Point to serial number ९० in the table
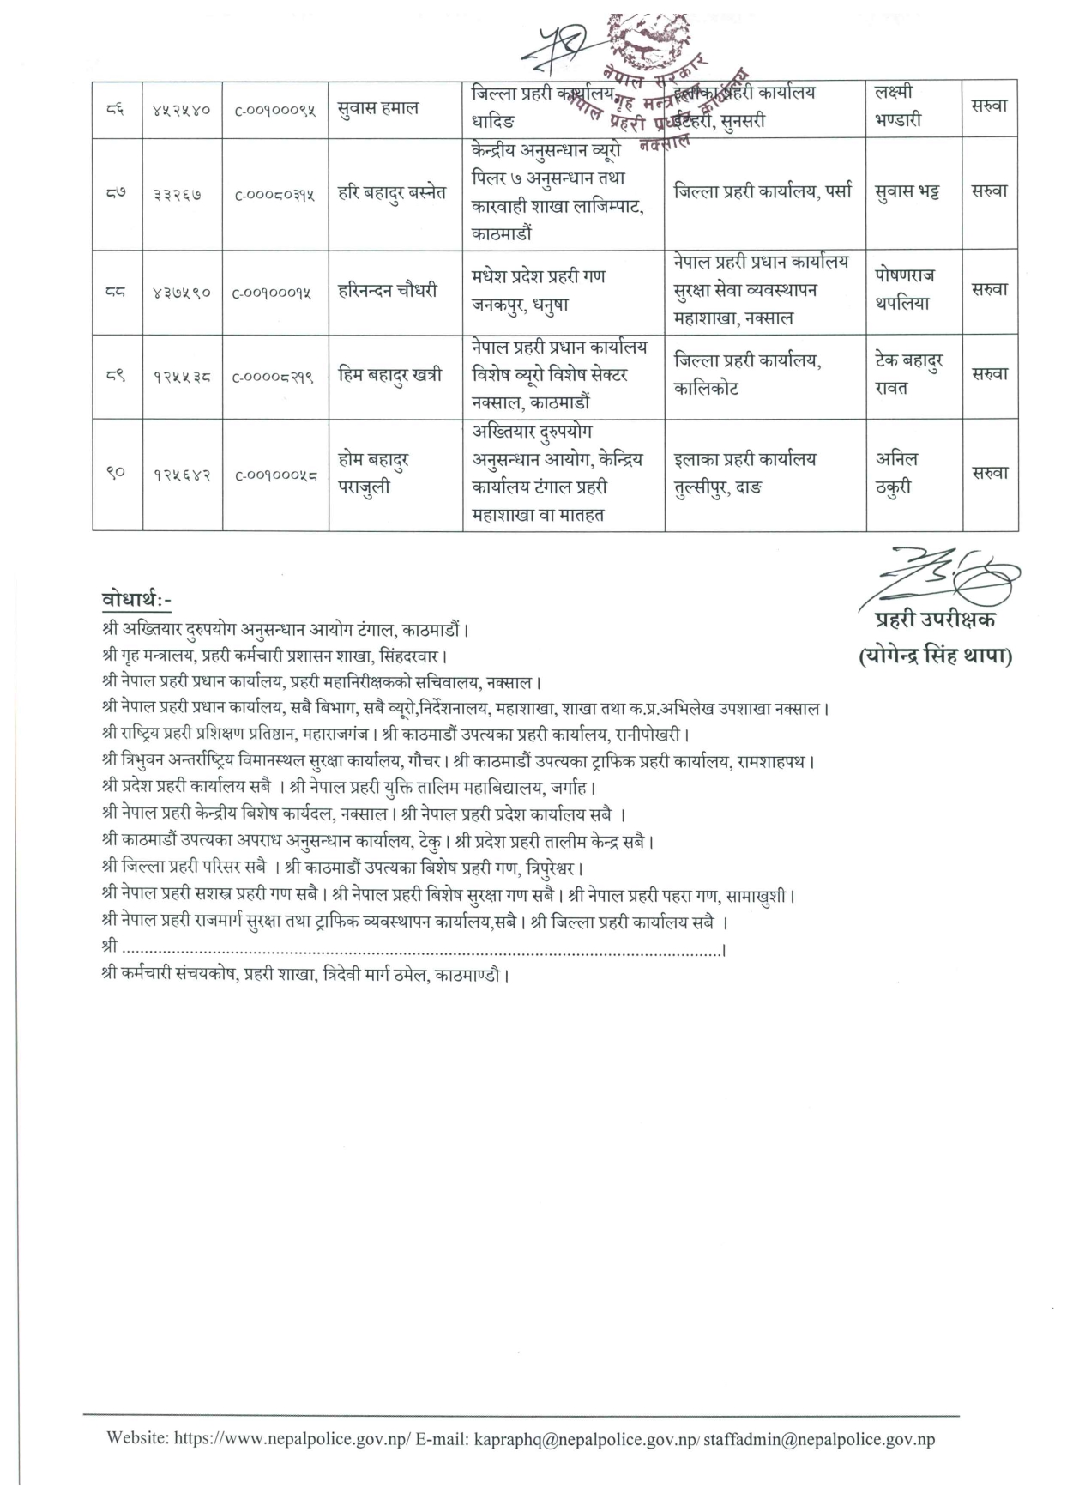click(x=117, y=474)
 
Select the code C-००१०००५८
click(x=275, y=475)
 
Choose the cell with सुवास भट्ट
click(x=907, y=192)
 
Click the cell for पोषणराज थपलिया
click(x=905, y=289)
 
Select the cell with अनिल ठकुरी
click(x=897, y=474)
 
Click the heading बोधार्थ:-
click(x=136, y=600)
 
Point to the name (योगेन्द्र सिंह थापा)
click(x=935, y=657)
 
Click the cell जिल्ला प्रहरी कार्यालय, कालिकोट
click(x=748, y=375)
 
